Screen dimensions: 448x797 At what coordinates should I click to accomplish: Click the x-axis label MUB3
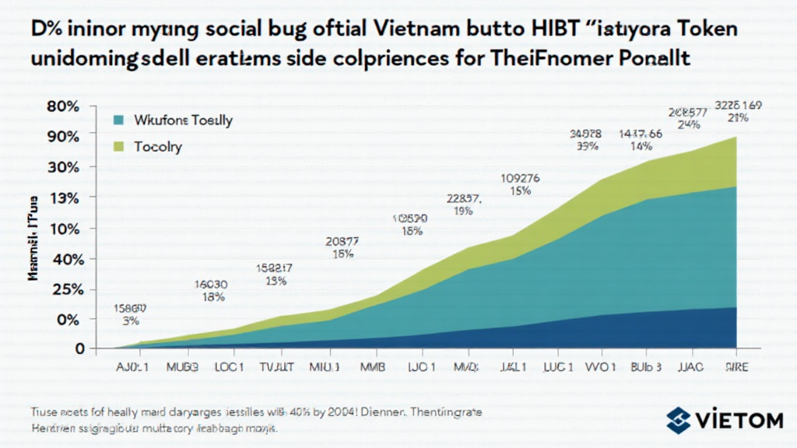click(x=181, y=366)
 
